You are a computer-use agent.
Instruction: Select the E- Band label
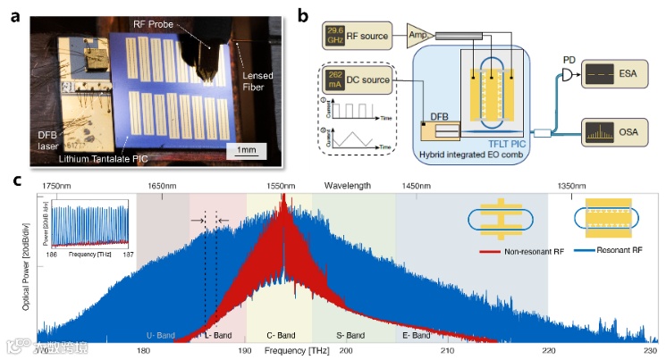417,335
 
